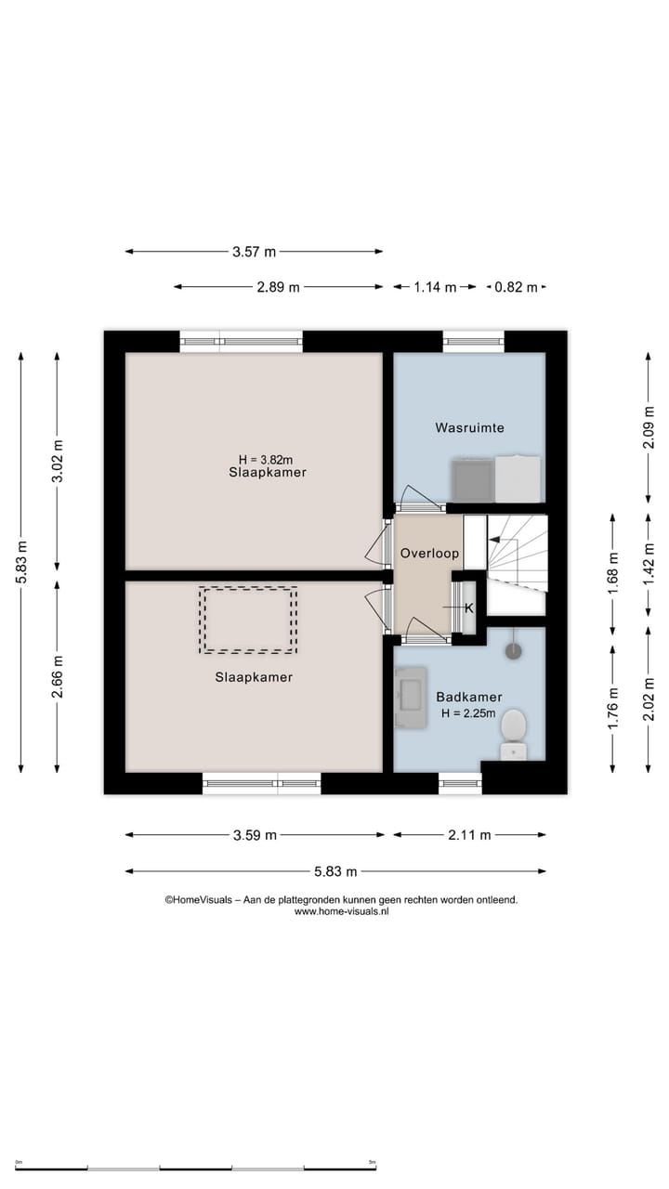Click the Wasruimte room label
pyautogui.click(x=469, y=428)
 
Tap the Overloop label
pyautogui.click(x=429, y=553)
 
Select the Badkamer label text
pyautogui.click(x=469, y=697)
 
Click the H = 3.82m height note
pyautogui.click(x=266, y=459)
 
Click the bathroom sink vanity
pyautogui.click(x=411, y=698)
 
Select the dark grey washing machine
pyautogui.click(x=473, y=480)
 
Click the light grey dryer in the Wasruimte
pyautogui.click(x=518, y=478)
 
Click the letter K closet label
pyautogui.click(x=469, y=608)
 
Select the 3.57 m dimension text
pyautogui.click(x=254, y=252)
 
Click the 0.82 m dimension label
pyautogui.click(x=516, y=287)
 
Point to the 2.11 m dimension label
pyautogui.click(x=469, y=835)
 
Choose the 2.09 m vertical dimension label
pyautogui.click(x=649, y=427)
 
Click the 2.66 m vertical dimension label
pyautogui.click(x=58, y=676)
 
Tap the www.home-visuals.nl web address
pyautogui.click(x=341, y=911)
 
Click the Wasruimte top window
pyautogui.click(x=473, y=341)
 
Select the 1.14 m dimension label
pyautogui.click(x=435, y=287)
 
